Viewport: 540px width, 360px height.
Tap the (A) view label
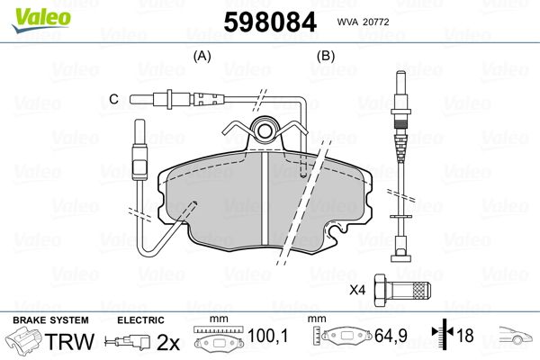[x=202, y=57]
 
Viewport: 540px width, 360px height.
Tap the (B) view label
[x=325, y=57]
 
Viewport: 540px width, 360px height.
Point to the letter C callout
[x=114, y=97]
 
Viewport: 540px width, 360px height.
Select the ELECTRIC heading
[x=140, y=320]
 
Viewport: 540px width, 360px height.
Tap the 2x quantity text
[x=168, y=342]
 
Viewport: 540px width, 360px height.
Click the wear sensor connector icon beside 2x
[x=126, y=342]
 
